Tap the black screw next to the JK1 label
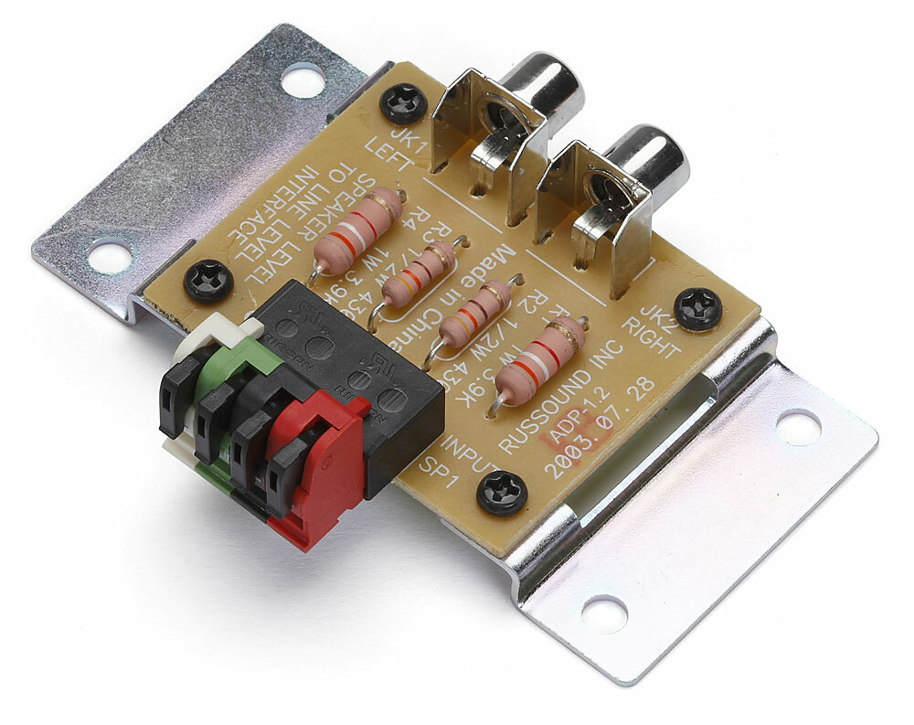click(x=403, y=102)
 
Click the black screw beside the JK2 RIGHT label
click(x=698, y=308)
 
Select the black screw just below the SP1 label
click(x=502, y=494)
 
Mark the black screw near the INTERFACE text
click(x=209, y=281)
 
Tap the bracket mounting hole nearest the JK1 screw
click(x=303, y=80)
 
